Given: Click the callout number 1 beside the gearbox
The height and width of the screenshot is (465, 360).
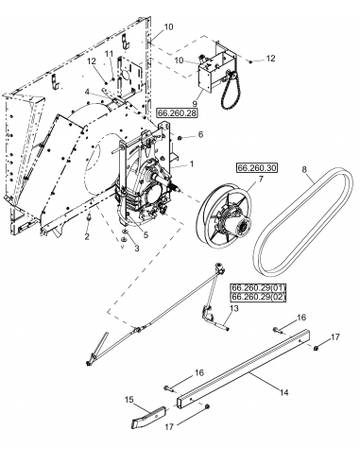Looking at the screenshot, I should tap(193, 164).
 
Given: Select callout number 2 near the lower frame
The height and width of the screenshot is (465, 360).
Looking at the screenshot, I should tap(87, 236).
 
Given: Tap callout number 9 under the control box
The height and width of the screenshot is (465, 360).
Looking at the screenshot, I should tap(195, 105).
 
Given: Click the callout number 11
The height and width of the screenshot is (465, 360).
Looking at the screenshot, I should tap(109, 56).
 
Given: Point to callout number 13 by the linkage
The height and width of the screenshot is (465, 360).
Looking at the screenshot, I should tap(234, 308).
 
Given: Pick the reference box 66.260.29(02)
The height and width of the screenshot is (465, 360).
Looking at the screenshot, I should tap(257, 299).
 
